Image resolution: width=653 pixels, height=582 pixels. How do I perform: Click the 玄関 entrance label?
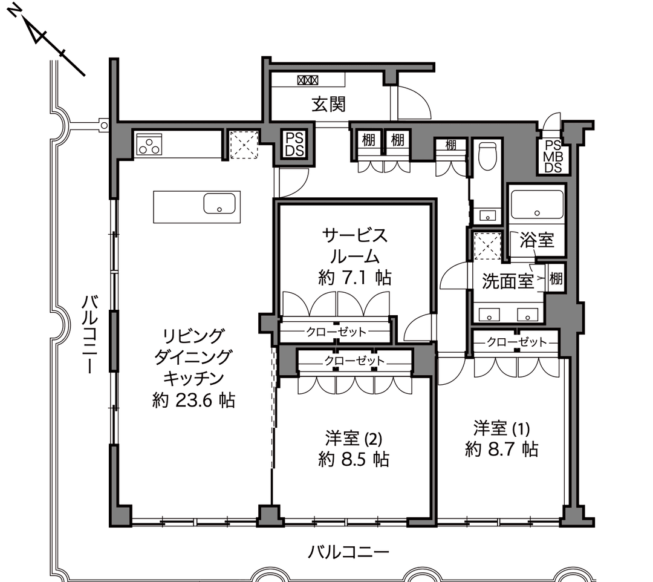point(328,104)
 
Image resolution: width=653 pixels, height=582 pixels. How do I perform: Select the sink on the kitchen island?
point(219,203)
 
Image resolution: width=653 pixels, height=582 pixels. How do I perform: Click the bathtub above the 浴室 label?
point(537,204)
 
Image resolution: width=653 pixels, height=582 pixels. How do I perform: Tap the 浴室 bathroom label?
point(537,240)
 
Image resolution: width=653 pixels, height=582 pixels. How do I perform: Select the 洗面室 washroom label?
point(508,281)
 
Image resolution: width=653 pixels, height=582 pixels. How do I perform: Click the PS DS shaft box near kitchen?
point(295,144)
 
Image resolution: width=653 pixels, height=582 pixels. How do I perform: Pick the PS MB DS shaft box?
point(553,156)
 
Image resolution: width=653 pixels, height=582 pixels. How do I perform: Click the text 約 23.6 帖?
point(193,401)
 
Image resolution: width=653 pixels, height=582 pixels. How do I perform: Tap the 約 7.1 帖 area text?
point(354,278)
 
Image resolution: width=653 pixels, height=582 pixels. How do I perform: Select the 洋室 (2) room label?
point(354,439)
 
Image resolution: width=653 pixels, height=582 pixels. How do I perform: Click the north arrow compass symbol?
point(46,41)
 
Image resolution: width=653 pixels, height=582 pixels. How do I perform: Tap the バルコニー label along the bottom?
point(349,553)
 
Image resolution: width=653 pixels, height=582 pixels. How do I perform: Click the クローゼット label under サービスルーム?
point(336,332)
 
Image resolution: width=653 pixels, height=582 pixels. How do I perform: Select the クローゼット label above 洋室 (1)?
point(516,342)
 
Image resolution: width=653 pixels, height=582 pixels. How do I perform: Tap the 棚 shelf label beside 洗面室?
point(556,278)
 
